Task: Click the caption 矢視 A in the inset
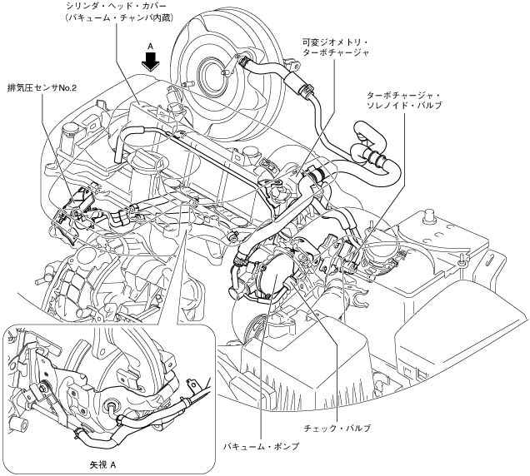pyautogui.click(x=102, y=458)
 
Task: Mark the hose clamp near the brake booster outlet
pyautogui.click(x=242, y=60)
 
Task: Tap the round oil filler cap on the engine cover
pyautogui.click(x=71, y=127)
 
